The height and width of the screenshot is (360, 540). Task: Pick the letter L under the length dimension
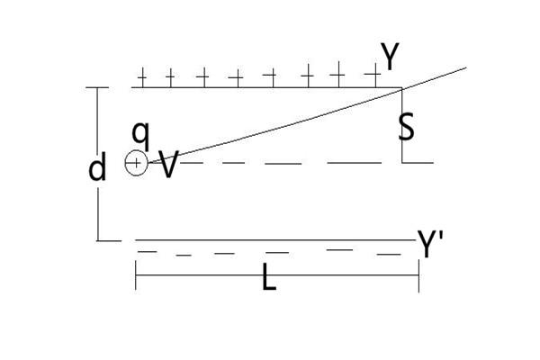point(268,279)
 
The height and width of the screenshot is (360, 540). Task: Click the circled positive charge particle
point(135,163)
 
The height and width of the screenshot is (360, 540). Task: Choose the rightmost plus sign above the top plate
point(370,75)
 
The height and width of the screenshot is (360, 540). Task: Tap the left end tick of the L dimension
point(136,275)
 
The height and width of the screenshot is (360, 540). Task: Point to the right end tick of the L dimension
point(418,275)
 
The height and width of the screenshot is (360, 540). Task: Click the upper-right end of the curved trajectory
point(465,67)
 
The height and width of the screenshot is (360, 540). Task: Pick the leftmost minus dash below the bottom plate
point(145,251)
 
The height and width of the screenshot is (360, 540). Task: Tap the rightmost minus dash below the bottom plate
point(389,254)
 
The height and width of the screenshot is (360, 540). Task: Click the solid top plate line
point(270,87)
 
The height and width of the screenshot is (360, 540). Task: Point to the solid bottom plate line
point(270,240)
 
